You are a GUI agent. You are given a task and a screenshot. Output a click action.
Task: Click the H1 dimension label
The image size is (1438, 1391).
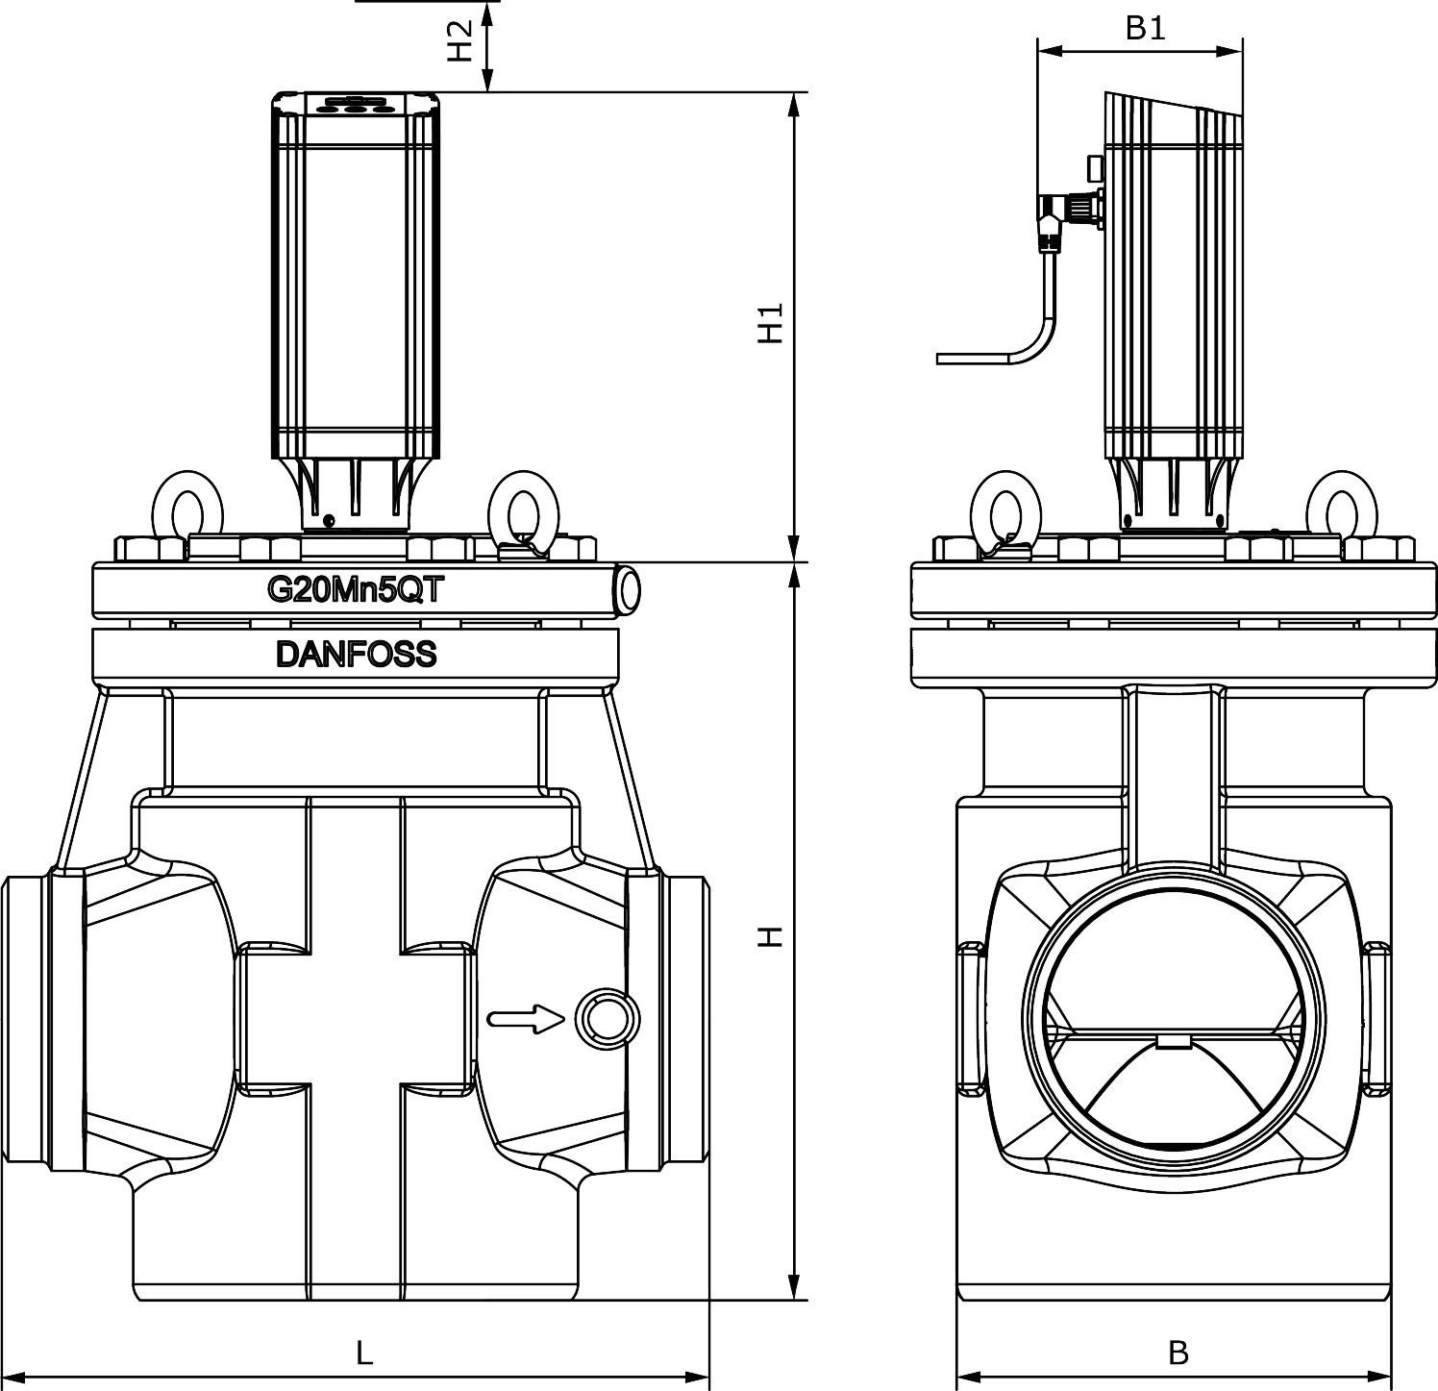click(769, 325)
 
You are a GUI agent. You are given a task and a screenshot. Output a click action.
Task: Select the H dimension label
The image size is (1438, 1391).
click(769, 935)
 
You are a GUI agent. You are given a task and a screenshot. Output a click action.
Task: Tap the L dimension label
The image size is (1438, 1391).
click(363, 1354)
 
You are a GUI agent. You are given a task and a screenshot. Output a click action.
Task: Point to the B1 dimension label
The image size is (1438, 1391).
click(1145, 29)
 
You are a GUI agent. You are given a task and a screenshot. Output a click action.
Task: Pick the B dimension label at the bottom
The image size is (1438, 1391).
click(1178, 1354)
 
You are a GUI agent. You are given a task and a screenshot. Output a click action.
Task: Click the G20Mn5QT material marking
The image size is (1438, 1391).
click(355, 590)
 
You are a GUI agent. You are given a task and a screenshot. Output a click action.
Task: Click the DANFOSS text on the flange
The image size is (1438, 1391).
click(356, 655)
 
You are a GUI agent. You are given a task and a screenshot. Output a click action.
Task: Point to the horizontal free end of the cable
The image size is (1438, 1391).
click(971, 359)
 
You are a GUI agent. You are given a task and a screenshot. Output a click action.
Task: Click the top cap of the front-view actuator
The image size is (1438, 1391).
click(356, 104)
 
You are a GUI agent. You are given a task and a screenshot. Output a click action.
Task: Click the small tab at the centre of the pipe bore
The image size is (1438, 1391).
click(1173, 1042)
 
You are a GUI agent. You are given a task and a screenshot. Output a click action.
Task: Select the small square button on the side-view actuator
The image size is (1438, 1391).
click(1095, 167)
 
